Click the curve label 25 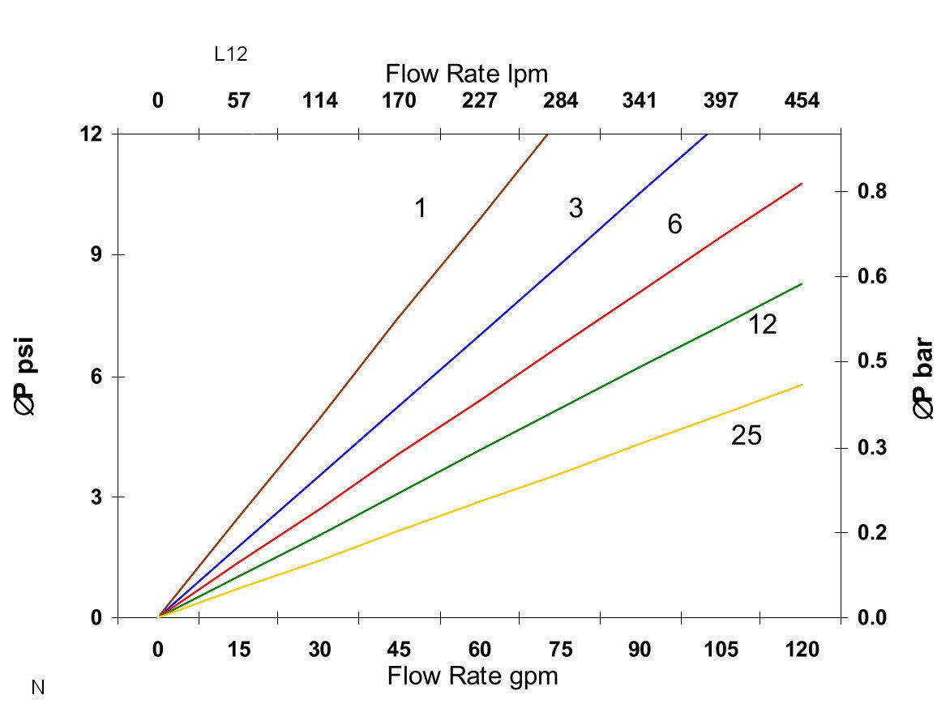[x=747, y=437]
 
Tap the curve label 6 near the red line [x=674, y=224]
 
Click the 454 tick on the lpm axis [x=802, y=101]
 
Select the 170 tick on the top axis [x=399, y=101]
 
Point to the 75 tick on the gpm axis [x=560, y=650]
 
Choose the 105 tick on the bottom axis [x=721, y=650]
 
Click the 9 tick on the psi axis [x=96, y=254]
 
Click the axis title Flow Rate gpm [x=473, y=676]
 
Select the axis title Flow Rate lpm [x=467, y=75]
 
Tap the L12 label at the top [x=230, y=54]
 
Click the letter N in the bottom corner [x=37, y=689]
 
